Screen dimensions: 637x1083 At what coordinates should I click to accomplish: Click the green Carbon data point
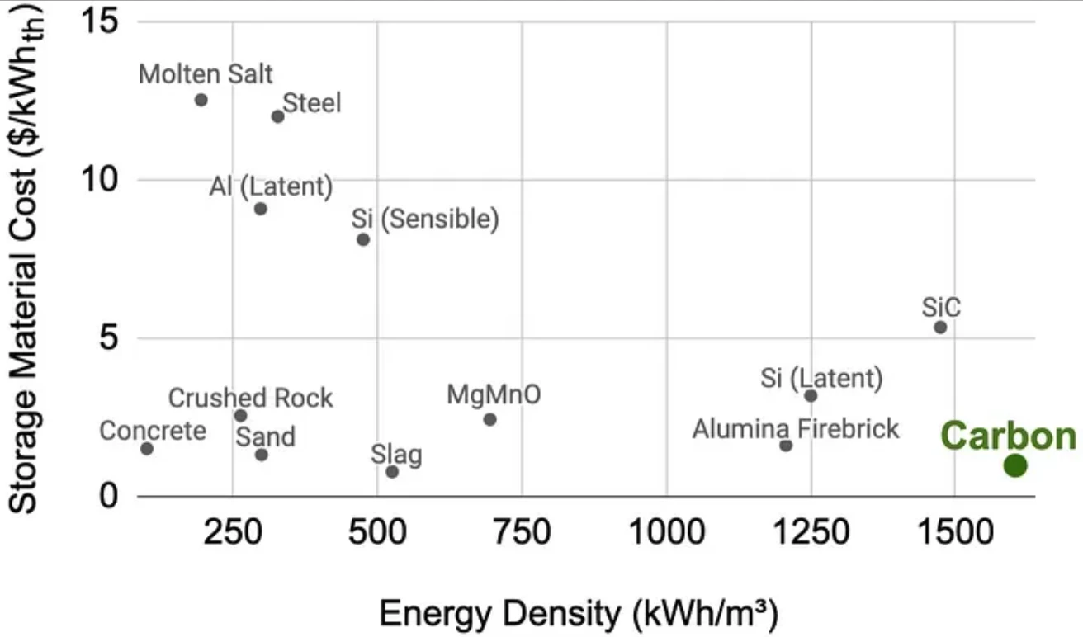point(1015,465)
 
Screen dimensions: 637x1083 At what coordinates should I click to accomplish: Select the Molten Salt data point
point(201,100)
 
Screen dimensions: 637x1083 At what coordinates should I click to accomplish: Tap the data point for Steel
point(277,116)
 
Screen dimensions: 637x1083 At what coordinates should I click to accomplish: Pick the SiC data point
point(940,328)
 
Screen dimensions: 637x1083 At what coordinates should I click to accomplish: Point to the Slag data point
point(392,472)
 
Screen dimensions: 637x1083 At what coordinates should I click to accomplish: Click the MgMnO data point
point(489,419)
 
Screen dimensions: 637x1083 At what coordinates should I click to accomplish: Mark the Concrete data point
point(147,449)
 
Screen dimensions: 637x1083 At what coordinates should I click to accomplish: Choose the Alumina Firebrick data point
point(786,446)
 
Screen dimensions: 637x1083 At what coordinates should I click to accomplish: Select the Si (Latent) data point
point(811,396)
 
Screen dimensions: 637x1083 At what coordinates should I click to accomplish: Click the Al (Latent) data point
point(260,209)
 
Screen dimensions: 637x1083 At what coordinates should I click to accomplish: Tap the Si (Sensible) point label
point(425,219)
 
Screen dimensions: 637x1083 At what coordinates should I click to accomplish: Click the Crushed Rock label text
point(250,399)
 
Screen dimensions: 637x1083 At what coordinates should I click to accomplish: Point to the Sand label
point(265,436)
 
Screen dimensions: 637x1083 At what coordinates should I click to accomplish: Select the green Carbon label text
point(1008,436)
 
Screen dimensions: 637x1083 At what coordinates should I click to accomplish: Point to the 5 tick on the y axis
point(108,338)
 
